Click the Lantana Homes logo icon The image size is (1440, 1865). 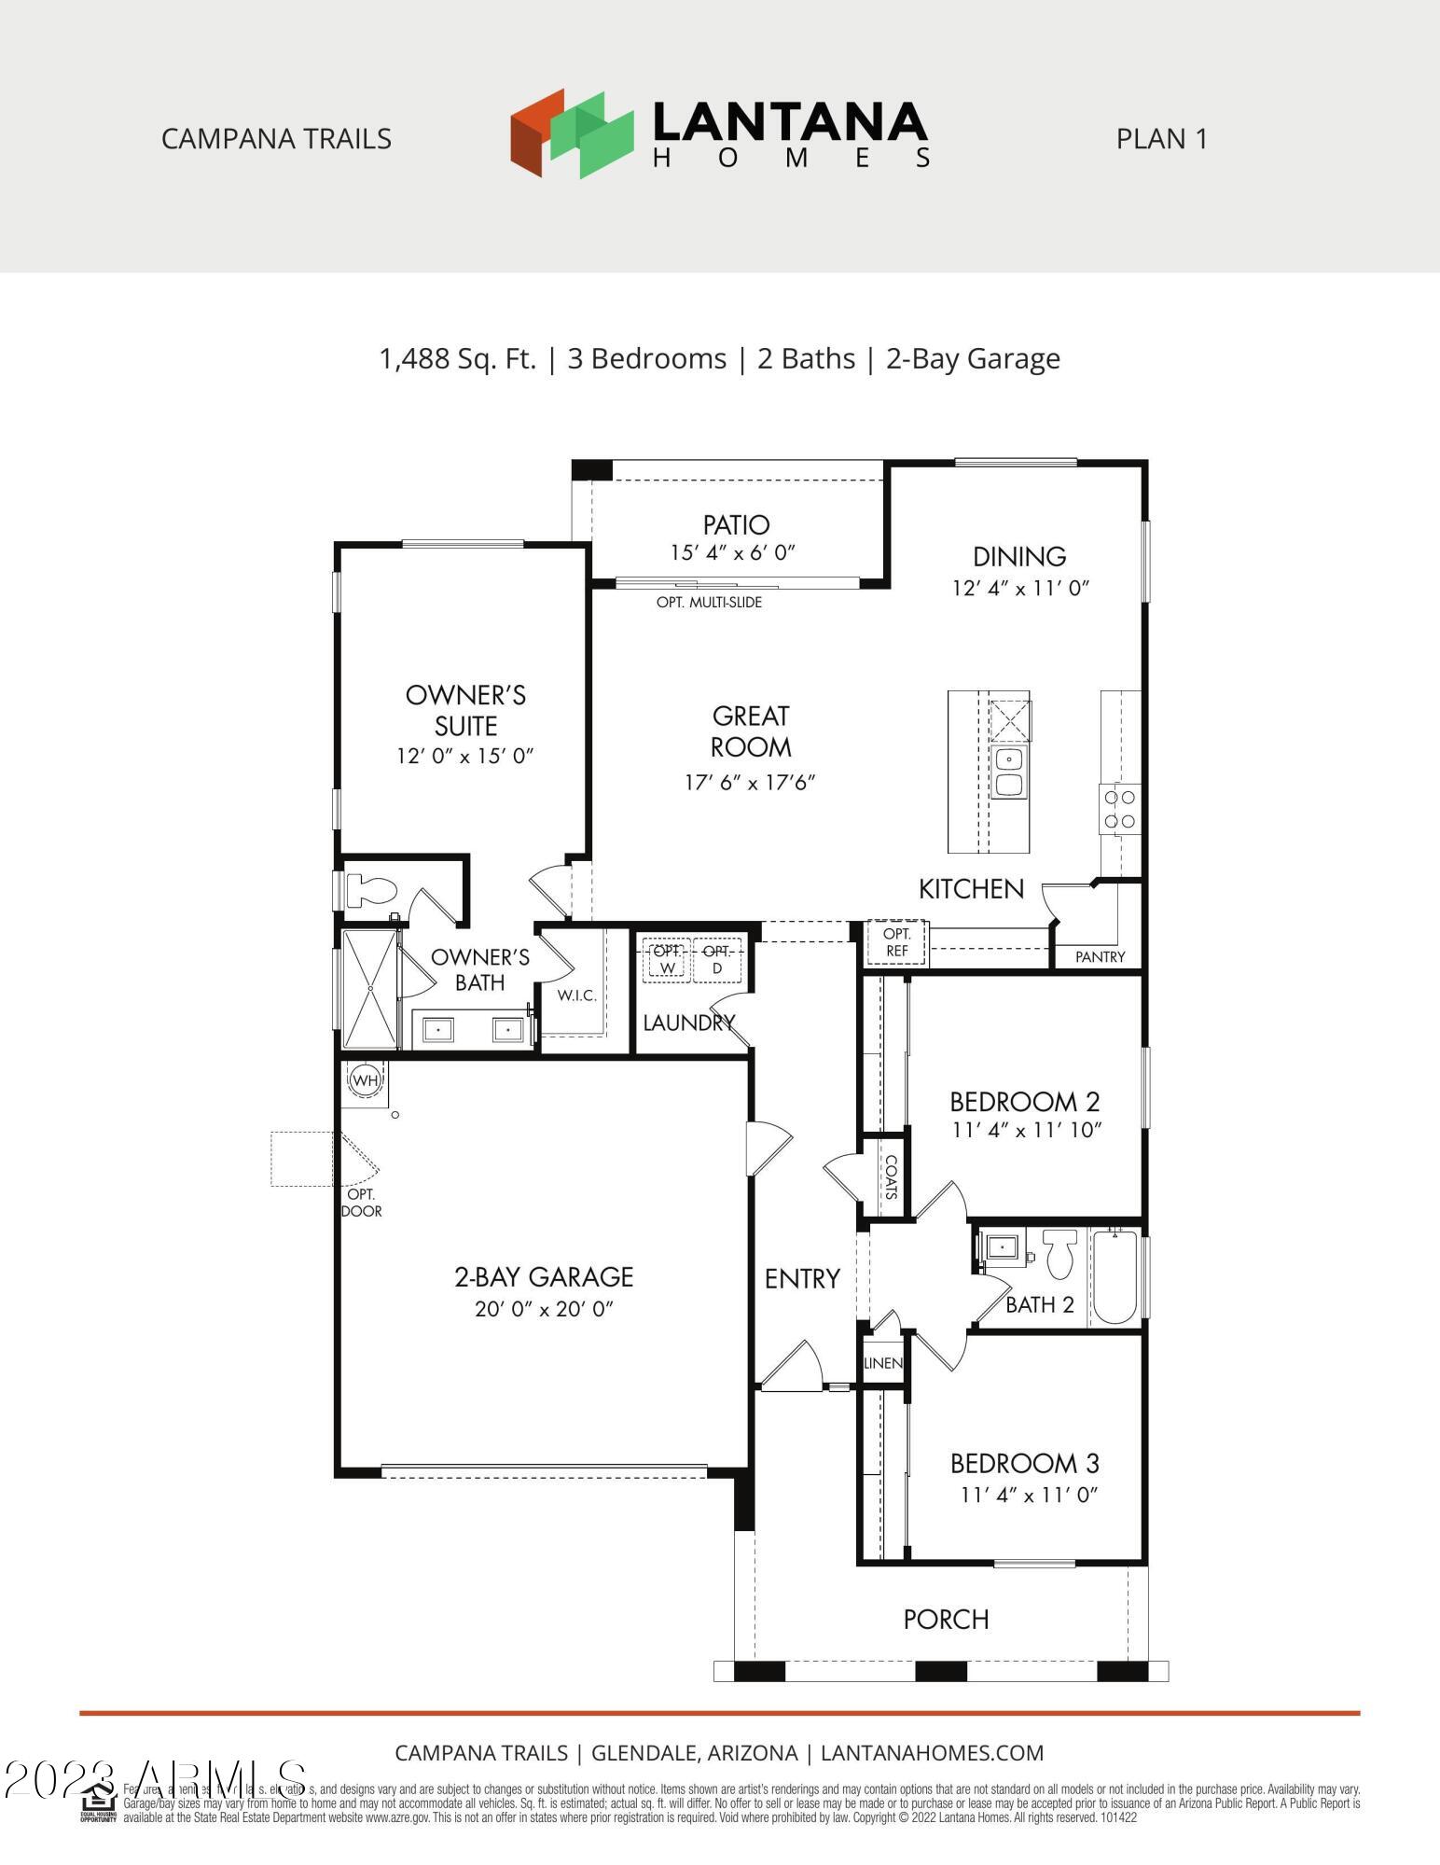(x=572, y=133)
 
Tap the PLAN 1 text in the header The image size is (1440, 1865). (x=1161, y=139)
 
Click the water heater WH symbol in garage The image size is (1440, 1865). (x=366, y=1080)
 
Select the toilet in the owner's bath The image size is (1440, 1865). (x=369, y=890)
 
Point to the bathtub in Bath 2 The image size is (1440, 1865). (x=1115, y=1277)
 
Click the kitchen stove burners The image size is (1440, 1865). (x=1119, y=809)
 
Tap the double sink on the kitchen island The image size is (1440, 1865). (x=1007, y=772)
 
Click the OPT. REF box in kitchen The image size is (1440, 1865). (x=896, y=942)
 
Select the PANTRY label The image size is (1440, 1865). (x=1100, y=956)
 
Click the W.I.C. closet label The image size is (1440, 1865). (x=576, y=995)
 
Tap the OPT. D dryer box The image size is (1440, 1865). (x=717, y=959)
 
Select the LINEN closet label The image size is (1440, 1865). (x=882, y=1363)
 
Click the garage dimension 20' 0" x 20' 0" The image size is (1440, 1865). (x=544, y=1309)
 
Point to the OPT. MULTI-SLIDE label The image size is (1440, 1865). (x=709, y=603)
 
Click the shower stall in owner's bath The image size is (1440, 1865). (x=370, y=989)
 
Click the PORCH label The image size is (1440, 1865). (x=946, y=1619)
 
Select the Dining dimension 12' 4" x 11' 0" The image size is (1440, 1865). (x=1020, y=589)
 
